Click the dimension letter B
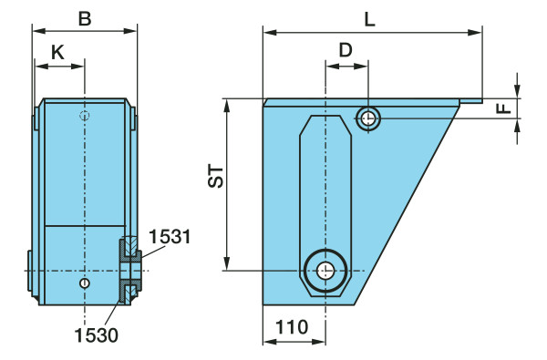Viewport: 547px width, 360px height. click(85, 18)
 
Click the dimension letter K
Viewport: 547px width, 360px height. click(58, 53)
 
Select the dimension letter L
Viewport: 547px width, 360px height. click(369, 19)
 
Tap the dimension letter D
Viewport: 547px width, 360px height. click(346, 50)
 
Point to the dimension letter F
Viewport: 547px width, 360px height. click(504, 108)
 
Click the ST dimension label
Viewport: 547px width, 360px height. click(215, 177)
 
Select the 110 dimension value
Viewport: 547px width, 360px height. click(292, 327)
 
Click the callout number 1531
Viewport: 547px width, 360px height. click(170, 237)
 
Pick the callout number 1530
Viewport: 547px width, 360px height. click(97, 335)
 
